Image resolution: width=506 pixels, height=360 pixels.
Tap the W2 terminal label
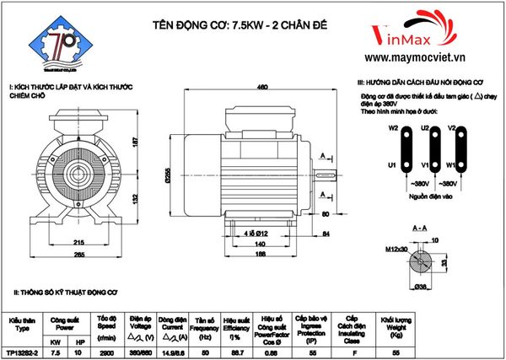click(x=393, y=129)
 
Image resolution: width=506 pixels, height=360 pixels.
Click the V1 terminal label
click(x=425, y=165)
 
